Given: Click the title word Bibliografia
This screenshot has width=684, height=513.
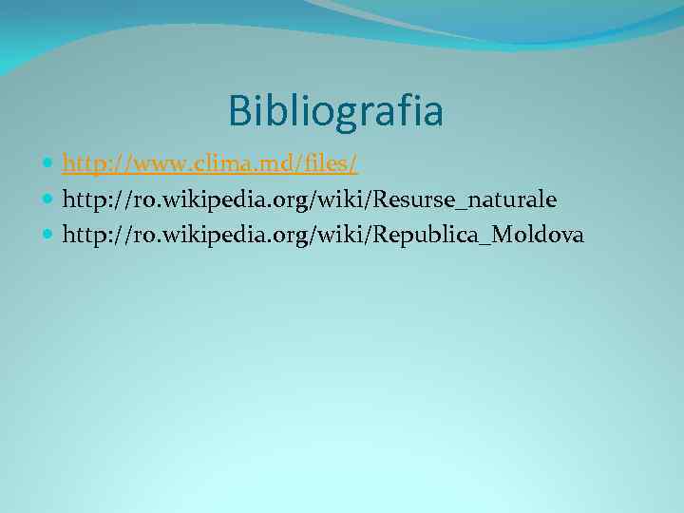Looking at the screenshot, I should click(335, 110).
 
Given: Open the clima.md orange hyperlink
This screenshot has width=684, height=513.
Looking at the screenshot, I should click(210, 165).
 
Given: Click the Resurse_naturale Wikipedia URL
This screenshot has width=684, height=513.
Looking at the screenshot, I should click(310, 199).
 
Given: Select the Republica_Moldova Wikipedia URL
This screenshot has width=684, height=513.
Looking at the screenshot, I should click(323, 234).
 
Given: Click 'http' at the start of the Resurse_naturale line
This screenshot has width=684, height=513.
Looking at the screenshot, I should click(82, 199).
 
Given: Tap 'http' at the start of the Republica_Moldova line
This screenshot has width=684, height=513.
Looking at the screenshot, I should click(82, 234).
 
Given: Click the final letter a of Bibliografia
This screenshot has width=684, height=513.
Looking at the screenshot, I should click(432, 112).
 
